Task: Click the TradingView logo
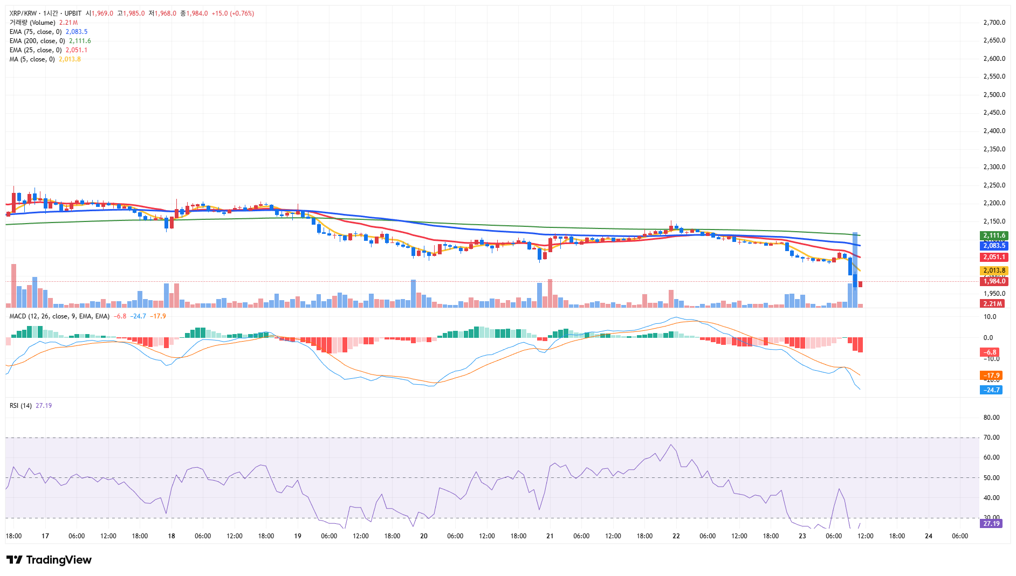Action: point(49,560)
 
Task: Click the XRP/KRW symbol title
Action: point(23,13)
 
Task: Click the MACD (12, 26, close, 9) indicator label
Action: point(59,316)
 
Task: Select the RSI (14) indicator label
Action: point(20,406)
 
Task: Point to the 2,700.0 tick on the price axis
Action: point(994,23)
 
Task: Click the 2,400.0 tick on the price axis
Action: point(994,131)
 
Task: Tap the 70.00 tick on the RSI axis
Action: point(991,438)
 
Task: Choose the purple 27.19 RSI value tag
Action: point(991,524)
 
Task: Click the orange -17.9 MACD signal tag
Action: point(991,376)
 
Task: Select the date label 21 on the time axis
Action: point(550,536)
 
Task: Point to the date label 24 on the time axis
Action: point(929,536)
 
